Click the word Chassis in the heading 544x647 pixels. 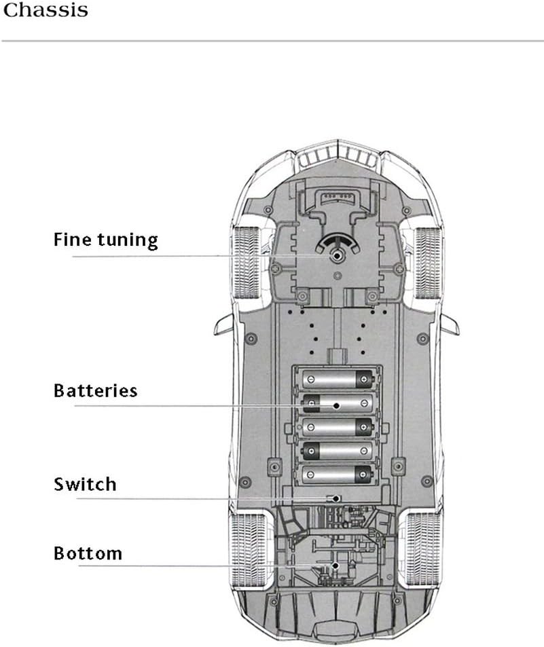click(x=46, y=12)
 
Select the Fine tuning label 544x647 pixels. click(x=105, y=240)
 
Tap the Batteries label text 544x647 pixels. click(x=95, y=391)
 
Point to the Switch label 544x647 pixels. click(x=85, y=484)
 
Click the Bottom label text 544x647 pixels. click(x=88, y=553)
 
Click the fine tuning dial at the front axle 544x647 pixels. click(x=337, y=255)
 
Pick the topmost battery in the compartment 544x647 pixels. click(x=338, y=379)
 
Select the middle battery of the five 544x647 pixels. click(x=338, y=426)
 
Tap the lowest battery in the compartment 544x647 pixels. click(x=338, y=473)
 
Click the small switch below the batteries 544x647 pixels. click(x=333, y=498)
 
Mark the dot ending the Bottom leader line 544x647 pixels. click(x=335, y=565)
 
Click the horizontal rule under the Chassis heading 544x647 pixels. click(x=272, y=41)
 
